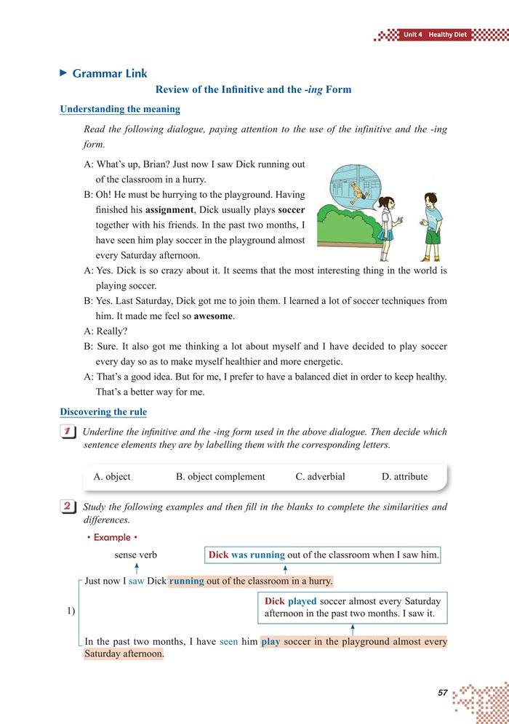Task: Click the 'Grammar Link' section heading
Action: [x=109, y=73]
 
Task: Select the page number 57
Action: [x=442, y=692]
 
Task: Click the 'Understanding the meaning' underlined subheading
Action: [x=120, y=109]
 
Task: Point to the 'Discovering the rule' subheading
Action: [x=103, y=412]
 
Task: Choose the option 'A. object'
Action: [x=112, y=477]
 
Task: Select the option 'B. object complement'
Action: [x=220, y=477]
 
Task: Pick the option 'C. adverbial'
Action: [x=320, y=477]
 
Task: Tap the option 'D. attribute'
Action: [x=404, y=477]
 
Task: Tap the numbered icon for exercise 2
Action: [x=70, y=507]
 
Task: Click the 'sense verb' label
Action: [x=136, y=555]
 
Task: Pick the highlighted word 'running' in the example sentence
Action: [x=187, y=581]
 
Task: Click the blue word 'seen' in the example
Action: [x=228, y=642]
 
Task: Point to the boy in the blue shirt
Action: [x=432, y=222]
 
